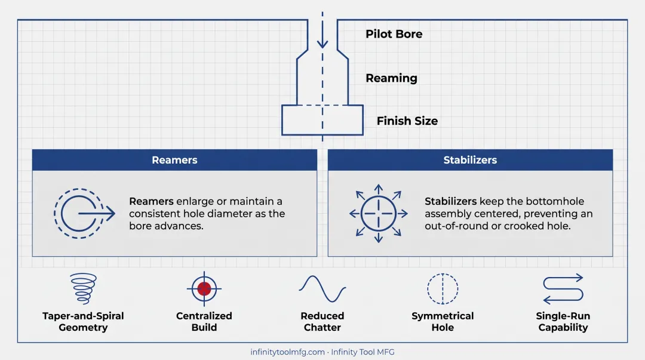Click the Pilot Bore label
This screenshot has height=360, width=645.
click(x=394, y=34)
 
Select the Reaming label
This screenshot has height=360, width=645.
click(x=391, y=78)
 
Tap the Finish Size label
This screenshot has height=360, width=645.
click(x=407, y=121)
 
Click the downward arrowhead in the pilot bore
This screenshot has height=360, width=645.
click(x=322, y=43)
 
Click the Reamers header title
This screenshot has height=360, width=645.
click(x=174, y=160)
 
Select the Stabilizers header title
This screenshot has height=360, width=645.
click(x=470, y=160)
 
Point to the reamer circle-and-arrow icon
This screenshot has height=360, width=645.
click(x=84, y=214)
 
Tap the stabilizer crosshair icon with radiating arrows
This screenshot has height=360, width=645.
click(x=379, y=214)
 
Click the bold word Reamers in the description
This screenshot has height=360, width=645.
click(x=151, y=201)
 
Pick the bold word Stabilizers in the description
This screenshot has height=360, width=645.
click(x=450, y=201)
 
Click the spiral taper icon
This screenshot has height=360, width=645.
click(x=84, y=288)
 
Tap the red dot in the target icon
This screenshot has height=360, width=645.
click(x=204, y=289)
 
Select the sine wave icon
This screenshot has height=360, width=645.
click(x=322, y=289)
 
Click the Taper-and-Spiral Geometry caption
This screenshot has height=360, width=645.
click(x=83, y=322)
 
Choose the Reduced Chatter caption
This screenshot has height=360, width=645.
click(x=322, y=322)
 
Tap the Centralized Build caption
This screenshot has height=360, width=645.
click(x=204, y=322)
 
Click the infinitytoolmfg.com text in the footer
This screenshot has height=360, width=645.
click(x=287, y=352)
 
